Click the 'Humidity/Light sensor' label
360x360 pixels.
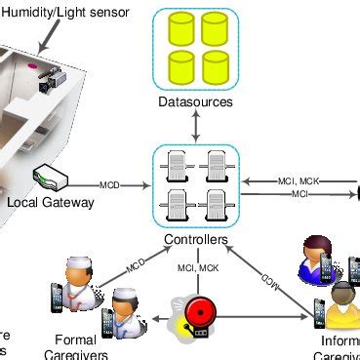[65, 11]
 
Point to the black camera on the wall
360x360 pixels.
[46, 85]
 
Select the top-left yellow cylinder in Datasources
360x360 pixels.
[180, 30]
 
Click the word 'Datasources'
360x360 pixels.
[196, 101]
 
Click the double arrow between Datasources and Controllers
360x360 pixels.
[196, 124]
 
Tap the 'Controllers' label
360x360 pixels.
[196, 240]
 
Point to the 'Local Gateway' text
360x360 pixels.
[51, 203]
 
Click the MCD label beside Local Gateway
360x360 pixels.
[111, 183]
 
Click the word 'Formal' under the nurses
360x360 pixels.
[70, 341]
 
